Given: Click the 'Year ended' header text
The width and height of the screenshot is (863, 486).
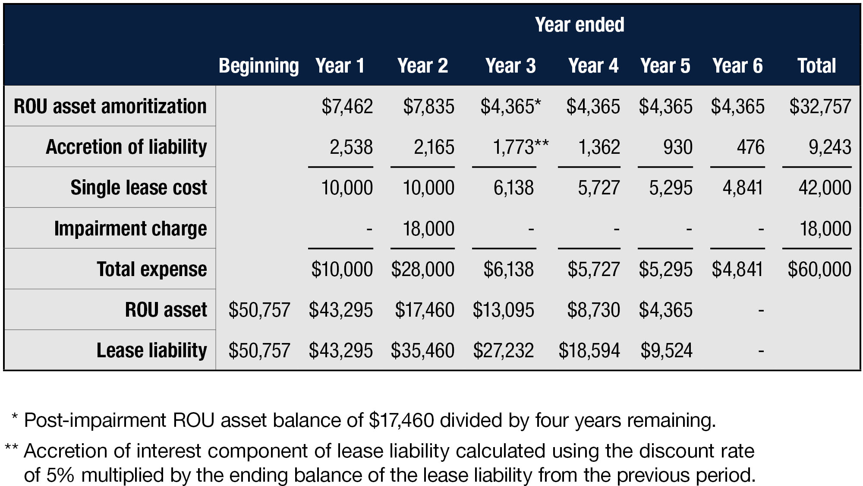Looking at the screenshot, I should click(x=579, y=25).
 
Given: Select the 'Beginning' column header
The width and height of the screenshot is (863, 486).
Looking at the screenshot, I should click(x=258, y=66).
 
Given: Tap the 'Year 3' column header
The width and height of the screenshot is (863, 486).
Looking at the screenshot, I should click(x=510, y=66).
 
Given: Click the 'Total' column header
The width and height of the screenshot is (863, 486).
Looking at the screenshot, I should click(x=816, y=66).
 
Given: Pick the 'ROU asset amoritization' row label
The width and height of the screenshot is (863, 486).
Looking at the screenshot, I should click(x=110, y=106).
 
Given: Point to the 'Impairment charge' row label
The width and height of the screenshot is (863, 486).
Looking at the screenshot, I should click(x=130, y=229).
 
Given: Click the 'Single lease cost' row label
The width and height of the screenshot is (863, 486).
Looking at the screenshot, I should click(x=139, y=187).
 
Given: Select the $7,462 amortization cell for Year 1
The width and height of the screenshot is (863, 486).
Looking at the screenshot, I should click(x=347, y=107).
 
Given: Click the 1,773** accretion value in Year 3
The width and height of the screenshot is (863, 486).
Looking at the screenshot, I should click(x=520, y=147).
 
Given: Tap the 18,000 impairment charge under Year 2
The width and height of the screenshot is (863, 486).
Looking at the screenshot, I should click(x=428, y=229).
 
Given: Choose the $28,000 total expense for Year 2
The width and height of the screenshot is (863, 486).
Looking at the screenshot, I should click(x=422, y=269).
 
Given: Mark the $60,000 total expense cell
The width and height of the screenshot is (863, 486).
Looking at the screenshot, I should click(x=819, y=269).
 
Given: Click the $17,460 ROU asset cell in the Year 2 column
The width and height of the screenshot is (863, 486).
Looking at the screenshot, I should click(x=424, y=310).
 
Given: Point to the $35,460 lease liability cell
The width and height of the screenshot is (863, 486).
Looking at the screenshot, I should click(x=422, y=350).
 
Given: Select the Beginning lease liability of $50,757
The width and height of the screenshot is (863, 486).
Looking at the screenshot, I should click(x=259, y=350).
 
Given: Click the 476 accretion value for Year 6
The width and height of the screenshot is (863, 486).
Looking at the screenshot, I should click(x=750, y=147).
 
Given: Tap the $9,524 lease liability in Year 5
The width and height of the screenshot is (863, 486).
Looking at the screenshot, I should click(x=666, y=350).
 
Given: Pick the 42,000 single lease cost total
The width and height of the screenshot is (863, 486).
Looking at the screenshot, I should click(x=825, y=188).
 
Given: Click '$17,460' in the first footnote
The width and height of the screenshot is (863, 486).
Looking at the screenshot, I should click(x=402, y=420).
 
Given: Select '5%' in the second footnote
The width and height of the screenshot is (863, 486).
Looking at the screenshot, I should click(x=60, y=475).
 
